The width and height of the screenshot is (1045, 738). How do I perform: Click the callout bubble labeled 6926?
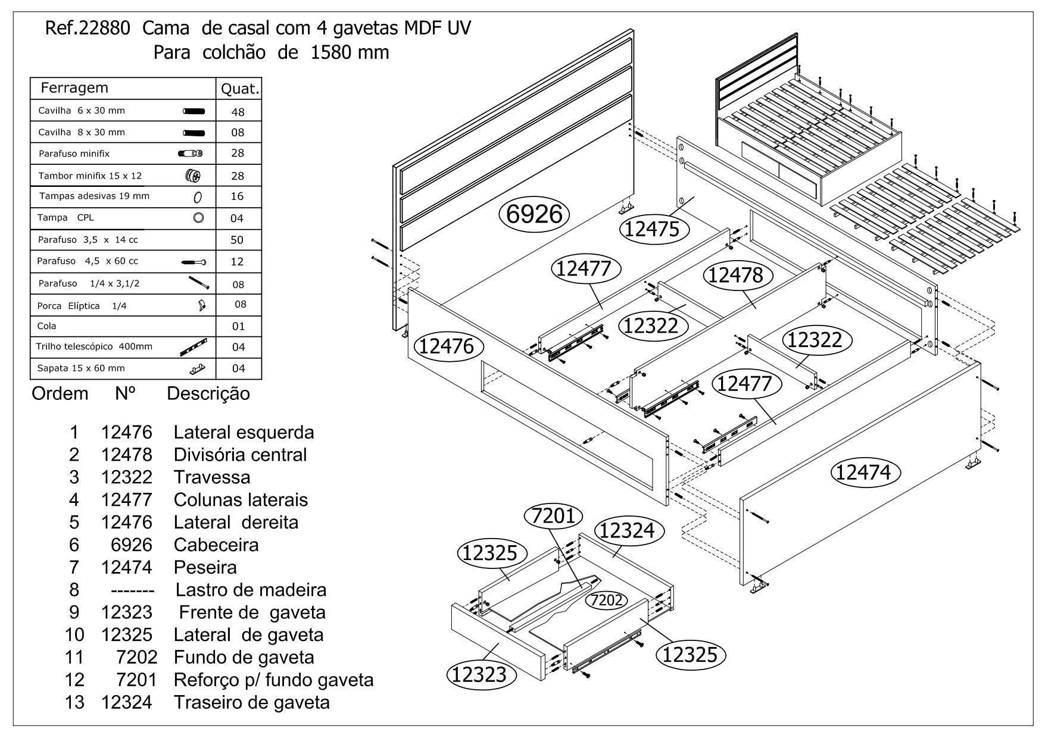pyautogui.click(x=534, y=214)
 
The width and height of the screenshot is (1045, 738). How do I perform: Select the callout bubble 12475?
pyautogui.click(x=654, y=229)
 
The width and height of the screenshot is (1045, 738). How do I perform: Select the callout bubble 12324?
pyautogui.click(x=627, y=530)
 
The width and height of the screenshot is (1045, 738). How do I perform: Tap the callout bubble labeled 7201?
pyautogui.click(x=554, y=516)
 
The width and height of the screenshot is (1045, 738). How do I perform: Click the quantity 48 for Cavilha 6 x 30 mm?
pyautogui.click(x=238, y=112)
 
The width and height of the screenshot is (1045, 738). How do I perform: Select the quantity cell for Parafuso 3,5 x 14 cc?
pyautogui.click(x=238, y=240)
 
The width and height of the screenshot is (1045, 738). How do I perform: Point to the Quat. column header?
pyautogui.click(x=239, y=89)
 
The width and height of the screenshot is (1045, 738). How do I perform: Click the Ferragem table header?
pyautogui.click(x=74, y=88)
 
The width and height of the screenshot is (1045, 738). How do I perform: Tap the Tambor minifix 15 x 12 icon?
pyautogui.click(x=193, y=176)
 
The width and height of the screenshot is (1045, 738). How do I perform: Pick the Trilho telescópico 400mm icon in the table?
pyautogui.click(x=193, y=347)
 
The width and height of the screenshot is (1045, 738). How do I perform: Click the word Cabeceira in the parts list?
pyautogui.click(x=216, y=545)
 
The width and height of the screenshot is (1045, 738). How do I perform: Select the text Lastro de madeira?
pyautogui.click(x=251, y=590)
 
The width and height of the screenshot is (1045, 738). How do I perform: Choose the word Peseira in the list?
pyautogui.click(x=205, y=567)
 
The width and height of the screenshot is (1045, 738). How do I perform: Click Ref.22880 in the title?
pyautogui.click(x=88, y=29)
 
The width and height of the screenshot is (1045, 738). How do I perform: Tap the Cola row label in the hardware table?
pyautogui.click(x=48, y=326)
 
